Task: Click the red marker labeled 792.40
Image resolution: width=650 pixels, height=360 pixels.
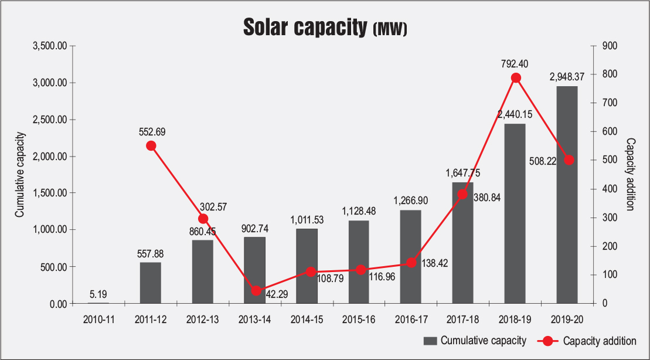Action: point(516,77)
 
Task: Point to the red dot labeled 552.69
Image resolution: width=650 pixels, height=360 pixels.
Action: point(151,146)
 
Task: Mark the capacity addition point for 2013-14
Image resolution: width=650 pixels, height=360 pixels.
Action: point(256,291)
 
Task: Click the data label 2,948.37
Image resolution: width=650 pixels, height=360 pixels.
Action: point(567,77)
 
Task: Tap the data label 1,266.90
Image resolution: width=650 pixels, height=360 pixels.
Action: point(411,201)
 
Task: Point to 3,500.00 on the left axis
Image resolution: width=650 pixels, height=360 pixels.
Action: point(51,46)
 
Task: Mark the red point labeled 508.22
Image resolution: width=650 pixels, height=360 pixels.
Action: point(568,159)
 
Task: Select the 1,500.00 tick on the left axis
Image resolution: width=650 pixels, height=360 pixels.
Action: point(51,193)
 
